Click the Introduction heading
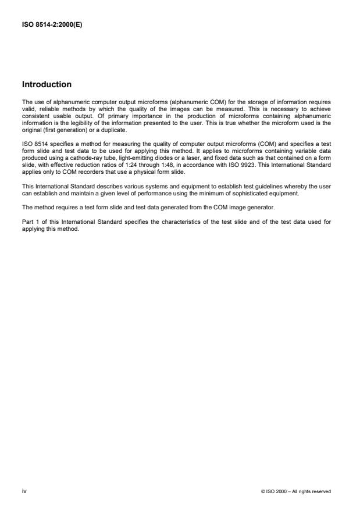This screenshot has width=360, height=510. click(x=47, y=84)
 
